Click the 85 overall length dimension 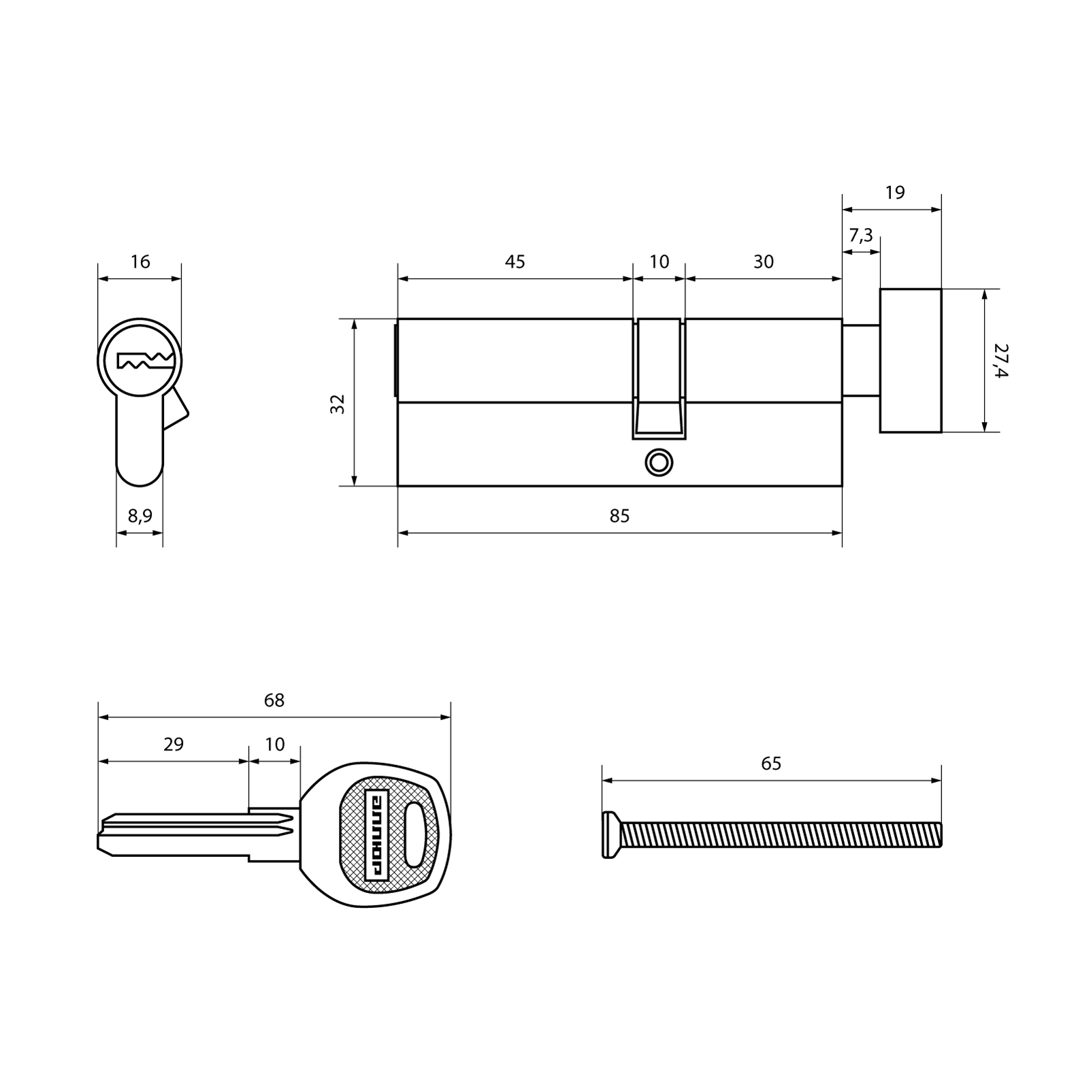tap(619, 516)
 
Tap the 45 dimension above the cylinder tap(515, 261)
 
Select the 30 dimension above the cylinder tap(764, 261)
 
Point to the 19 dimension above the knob tap(895, 193)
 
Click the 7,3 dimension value tap(861, 235)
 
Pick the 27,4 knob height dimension tap(1001, 361)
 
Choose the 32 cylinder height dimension tap(338, 404)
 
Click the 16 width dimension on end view tap(140, 261)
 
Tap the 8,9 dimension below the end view tap(140, 516)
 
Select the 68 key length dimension tap(274, 700)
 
